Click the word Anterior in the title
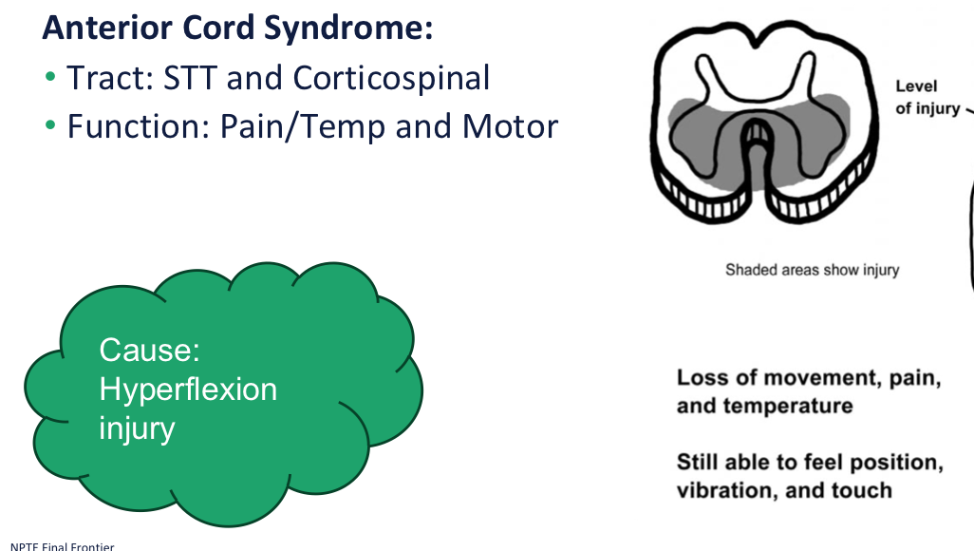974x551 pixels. [102, 27]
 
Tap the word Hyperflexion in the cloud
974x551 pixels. [188, 389]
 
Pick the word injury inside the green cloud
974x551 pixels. [137, 427]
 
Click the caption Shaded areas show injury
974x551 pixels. [812, 270]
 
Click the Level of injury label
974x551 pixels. [927, 98]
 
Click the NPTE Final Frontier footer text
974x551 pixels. [57, 545]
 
